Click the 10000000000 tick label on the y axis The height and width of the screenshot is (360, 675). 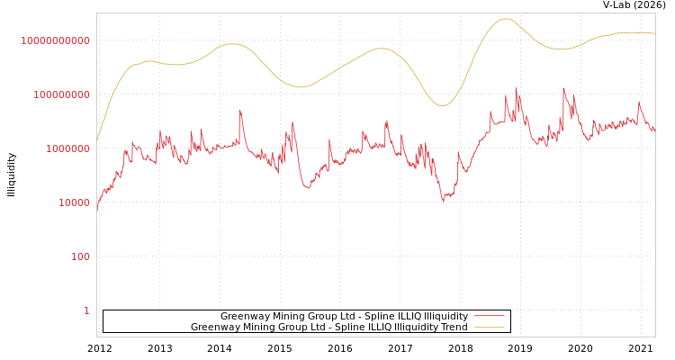(x=56, y=40)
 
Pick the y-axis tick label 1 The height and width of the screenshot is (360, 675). (x=86, y=310)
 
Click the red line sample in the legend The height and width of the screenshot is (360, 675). (x=489, y=316)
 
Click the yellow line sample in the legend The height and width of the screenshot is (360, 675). (x=489, y=327)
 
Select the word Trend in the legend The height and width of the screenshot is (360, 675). (x=453, y=327)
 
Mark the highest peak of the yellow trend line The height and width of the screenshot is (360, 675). (x=505, y=19)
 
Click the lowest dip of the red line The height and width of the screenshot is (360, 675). (x=443, y=201)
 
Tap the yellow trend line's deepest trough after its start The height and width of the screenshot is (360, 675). (x=442, y=106)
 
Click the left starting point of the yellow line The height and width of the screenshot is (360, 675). (x=97, y=140)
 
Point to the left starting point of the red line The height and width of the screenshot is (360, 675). (x=97, y=209)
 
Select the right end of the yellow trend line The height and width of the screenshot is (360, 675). (x=655, y=33)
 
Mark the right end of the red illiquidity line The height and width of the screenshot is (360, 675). (x=655, y=131)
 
